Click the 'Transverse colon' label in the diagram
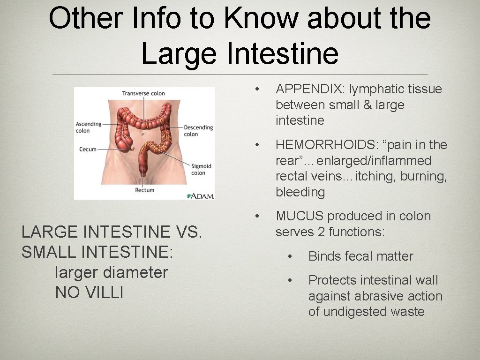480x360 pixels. coord(143,93)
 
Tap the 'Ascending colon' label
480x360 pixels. coord(89,127)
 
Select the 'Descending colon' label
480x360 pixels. coord(198,131)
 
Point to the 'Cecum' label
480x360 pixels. coord(88,149)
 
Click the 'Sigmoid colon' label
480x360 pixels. coord(201,169)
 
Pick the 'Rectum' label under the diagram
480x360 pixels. coord(144,190)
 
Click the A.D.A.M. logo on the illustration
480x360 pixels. coord(200,195)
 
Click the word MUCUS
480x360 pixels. coord(300,216)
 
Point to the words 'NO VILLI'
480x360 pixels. coord(89,292)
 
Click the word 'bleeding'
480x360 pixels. coord(300,192)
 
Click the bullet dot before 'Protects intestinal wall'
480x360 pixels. coord(291,280)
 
